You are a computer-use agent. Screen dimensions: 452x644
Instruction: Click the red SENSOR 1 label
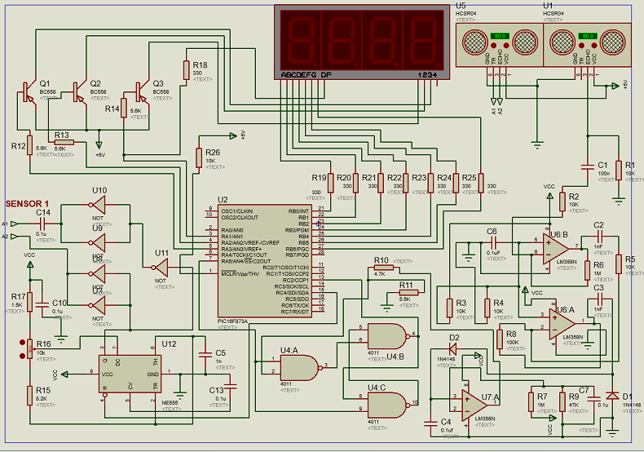(x=28, y=203)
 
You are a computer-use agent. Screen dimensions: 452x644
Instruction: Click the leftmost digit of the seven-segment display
(x=298, y=38)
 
